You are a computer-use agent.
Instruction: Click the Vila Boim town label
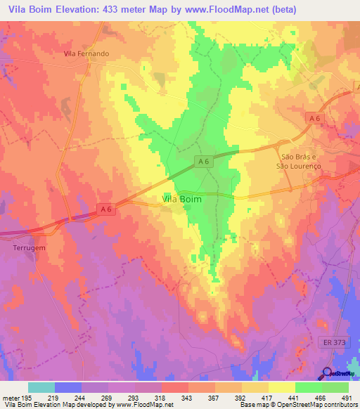(x=182, y=200)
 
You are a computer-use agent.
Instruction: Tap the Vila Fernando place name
(x=86, y=53)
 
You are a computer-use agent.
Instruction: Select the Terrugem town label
(x=29, y=248)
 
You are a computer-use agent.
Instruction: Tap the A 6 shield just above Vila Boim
(x=204, y=162)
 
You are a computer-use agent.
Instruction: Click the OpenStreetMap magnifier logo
(x=327, y=373)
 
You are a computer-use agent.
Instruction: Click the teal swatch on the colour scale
(x=41, y=387)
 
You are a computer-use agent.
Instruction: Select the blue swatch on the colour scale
(x=68, y=387)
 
